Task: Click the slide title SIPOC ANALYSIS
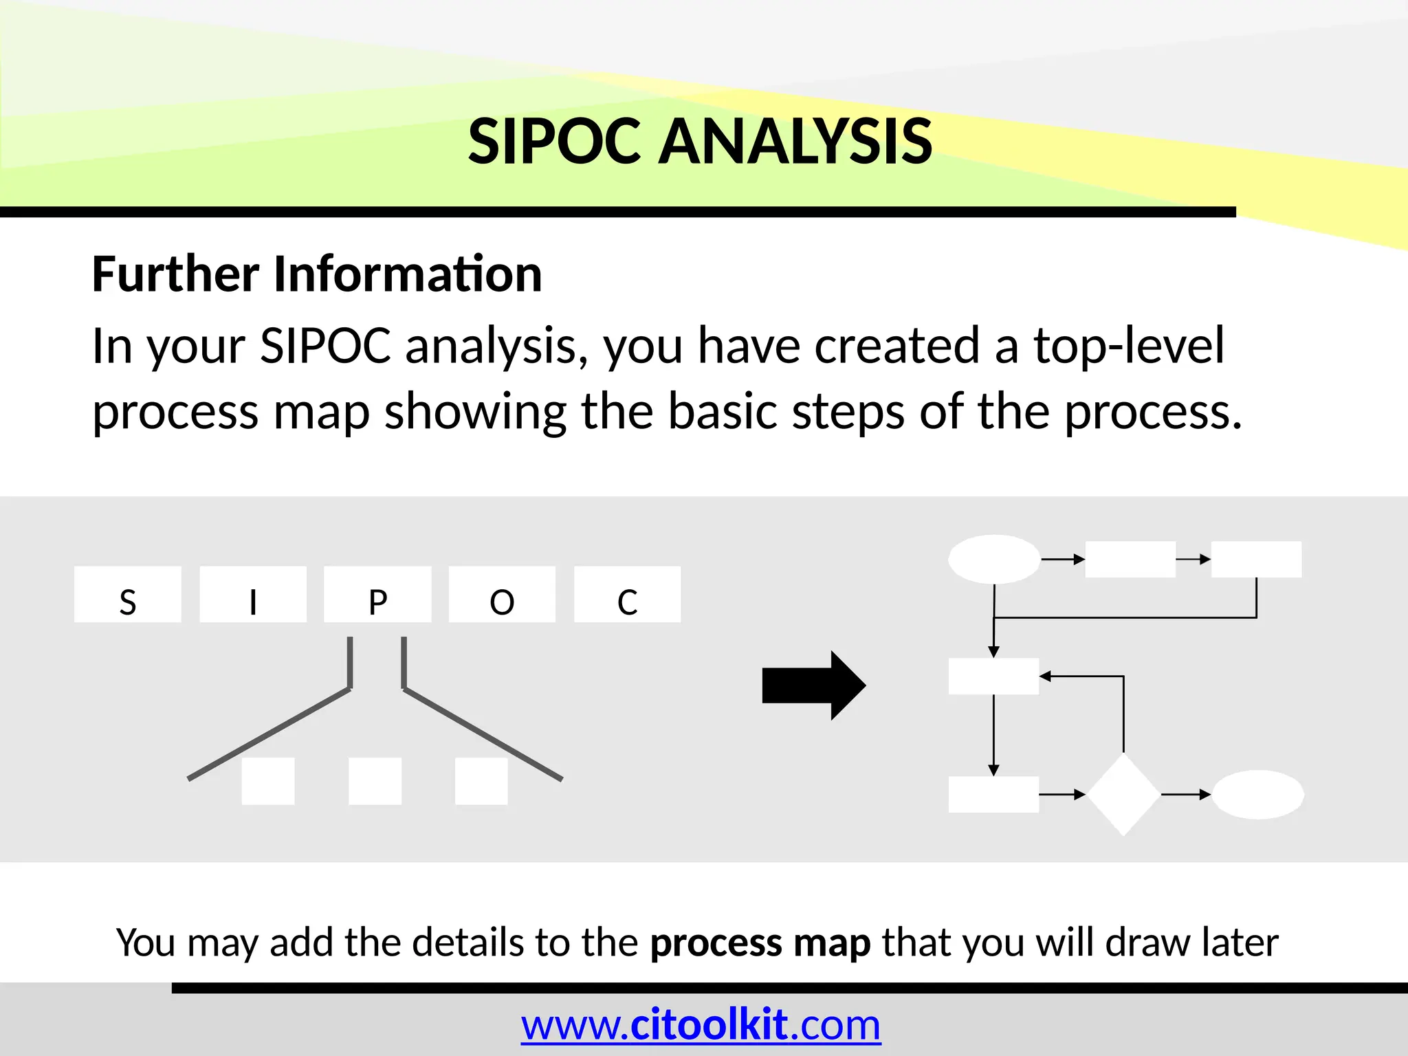700,142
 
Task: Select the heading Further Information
317,274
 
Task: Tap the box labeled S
128,595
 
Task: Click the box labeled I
253,595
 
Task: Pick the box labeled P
377,595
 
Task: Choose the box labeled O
502,595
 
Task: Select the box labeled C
627,595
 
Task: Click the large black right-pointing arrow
813,685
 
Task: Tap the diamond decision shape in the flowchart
1123,795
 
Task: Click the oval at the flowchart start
993,559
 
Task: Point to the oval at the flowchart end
1257,795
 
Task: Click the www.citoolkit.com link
701,1025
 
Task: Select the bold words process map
760,943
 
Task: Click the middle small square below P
375,781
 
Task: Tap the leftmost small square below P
268,781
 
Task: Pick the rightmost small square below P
481,781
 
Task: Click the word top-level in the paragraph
1129,346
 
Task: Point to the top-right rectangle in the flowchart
1256,559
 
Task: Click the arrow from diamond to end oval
1185,795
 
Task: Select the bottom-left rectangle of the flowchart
993,795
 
